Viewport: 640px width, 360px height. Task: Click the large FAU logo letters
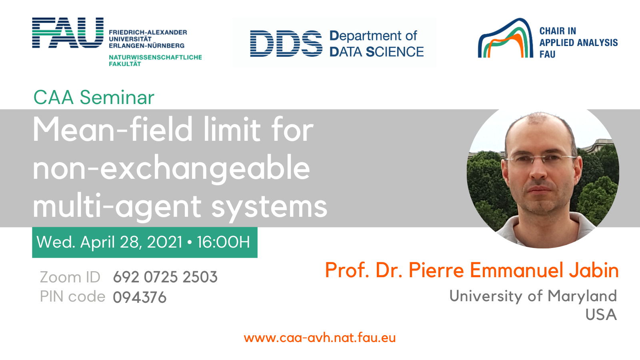[x=68, y=32]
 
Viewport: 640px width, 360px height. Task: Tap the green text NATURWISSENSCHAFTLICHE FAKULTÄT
[x=155, y=60]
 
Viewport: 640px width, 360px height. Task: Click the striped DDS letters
[x=286, y=44]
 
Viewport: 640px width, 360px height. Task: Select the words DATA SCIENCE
[x=376, y=52]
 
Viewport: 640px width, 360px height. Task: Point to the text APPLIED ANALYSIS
[x=578, y=42]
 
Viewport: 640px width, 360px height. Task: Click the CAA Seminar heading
[x=94, y=98]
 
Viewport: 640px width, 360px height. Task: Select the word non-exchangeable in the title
[x=172, y=168]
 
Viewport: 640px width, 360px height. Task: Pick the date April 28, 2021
[x=132, y=242]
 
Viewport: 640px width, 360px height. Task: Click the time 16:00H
[x=224, y=242]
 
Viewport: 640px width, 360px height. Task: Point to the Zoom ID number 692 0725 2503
[x=165, y=277]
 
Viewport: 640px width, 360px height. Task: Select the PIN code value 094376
[x=140, y=297]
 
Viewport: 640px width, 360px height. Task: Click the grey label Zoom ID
[x=70, y=277]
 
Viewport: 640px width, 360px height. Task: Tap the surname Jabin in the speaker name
[x=594, y=270]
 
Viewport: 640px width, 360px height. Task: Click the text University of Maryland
[x=533, y=296]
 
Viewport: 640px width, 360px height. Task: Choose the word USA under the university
[x=601, y=314]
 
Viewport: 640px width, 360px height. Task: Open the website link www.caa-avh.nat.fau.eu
[x=320, y=338]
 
